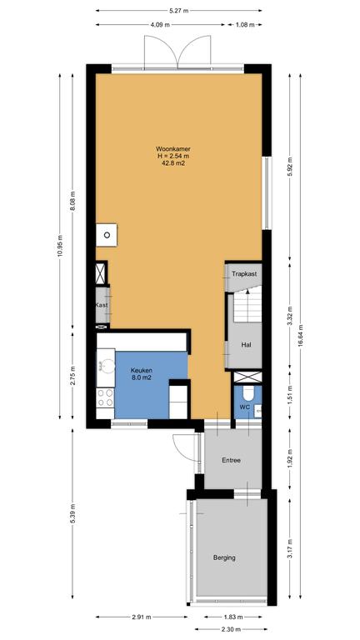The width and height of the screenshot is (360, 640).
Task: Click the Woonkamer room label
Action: (173, 149)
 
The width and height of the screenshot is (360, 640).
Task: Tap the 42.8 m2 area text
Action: (173, 162)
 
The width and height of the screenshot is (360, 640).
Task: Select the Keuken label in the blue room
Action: (141, 370)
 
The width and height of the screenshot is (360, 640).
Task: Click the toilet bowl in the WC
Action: (248, 393)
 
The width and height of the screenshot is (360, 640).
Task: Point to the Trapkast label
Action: (244, 274)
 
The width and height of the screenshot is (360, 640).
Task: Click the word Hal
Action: (246, 344)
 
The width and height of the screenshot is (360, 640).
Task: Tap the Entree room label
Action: (231, 460)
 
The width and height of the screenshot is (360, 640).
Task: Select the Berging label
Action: (224, 557)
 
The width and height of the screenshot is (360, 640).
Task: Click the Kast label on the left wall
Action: (102, 305)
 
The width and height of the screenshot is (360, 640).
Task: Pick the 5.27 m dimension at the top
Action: (179, 11)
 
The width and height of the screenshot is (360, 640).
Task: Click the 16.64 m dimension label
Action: (300, 336)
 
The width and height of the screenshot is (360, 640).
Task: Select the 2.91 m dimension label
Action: (142, 617)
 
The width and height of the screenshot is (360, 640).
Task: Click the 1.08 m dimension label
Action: (245, 24)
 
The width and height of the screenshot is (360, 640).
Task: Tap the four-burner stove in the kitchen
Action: (105, 397)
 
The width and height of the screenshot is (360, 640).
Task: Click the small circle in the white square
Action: (107, 235)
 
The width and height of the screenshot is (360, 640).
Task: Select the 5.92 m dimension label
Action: (289, 166)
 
